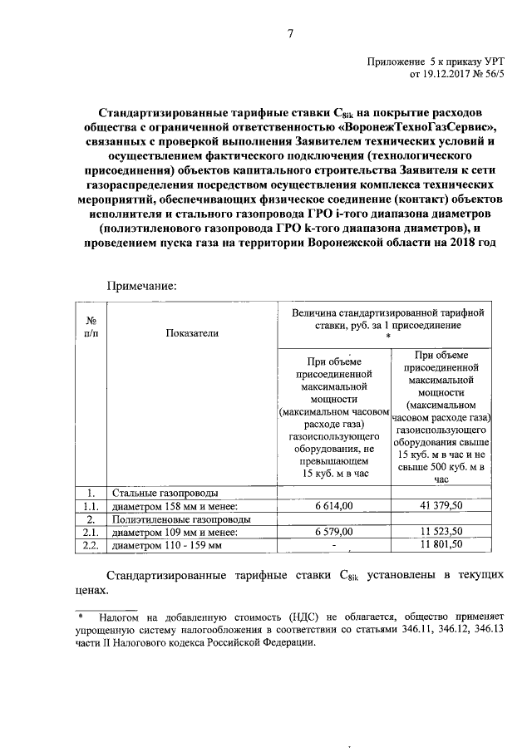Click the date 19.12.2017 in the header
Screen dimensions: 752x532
(452, 74)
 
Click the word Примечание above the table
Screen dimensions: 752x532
(141, 284)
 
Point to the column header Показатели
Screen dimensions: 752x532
(192, 332)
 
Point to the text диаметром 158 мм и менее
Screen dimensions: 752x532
(175, 506)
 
